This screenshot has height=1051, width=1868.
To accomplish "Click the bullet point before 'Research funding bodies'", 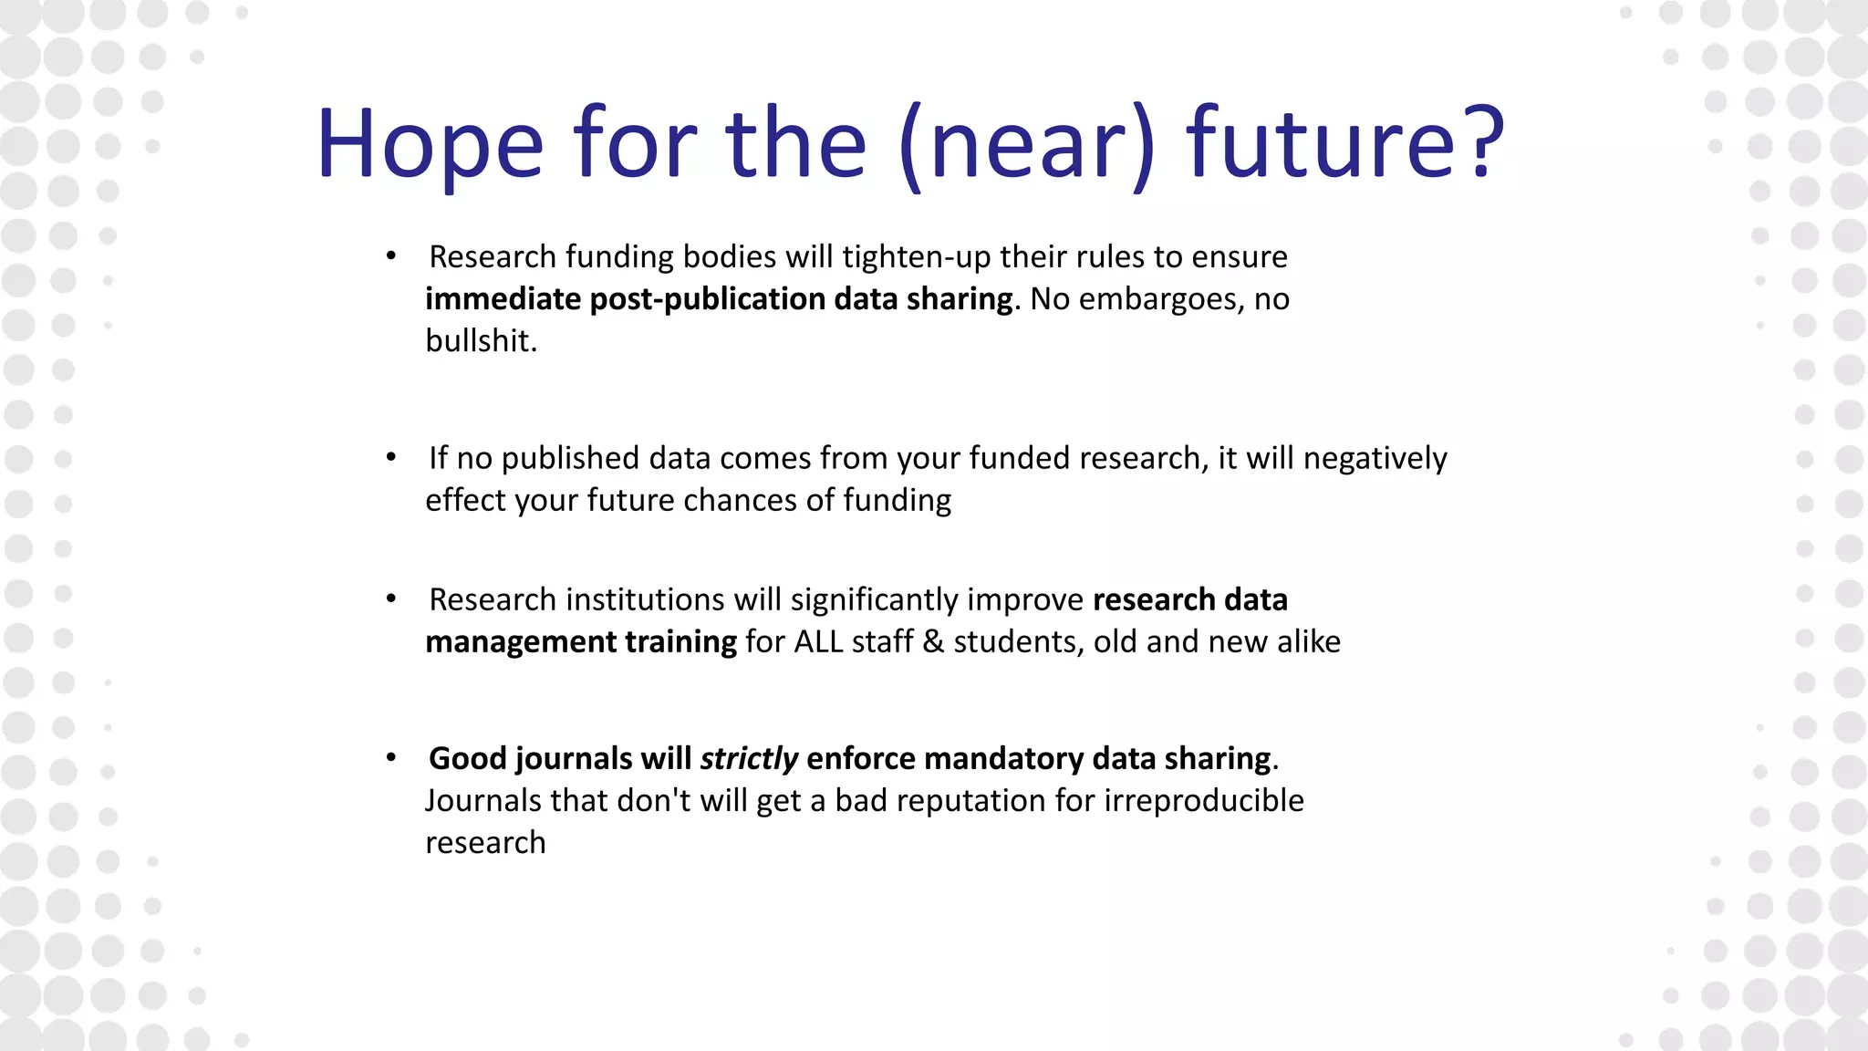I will click(x=391, y=256).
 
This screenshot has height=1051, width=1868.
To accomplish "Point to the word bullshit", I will click(x=481, y=340).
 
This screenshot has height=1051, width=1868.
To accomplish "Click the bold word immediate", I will click(x=503, y=299).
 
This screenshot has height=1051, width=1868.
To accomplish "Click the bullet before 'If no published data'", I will click(x=391, y=457).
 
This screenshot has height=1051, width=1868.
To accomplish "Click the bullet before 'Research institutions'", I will click(x=391, y=599).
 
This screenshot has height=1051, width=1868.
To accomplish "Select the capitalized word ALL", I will click(x=818, y=641).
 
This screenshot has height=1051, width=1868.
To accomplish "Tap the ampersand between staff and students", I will click(x=933, y=641).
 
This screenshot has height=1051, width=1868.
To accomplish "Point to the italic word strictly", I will click(x=749, y=758).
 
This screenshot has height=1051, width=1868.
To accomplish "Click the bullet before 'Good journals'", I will click(x=391, y=758).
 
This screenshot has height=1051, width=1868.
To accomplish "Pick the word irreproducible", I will click(x=1204, y=800).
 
